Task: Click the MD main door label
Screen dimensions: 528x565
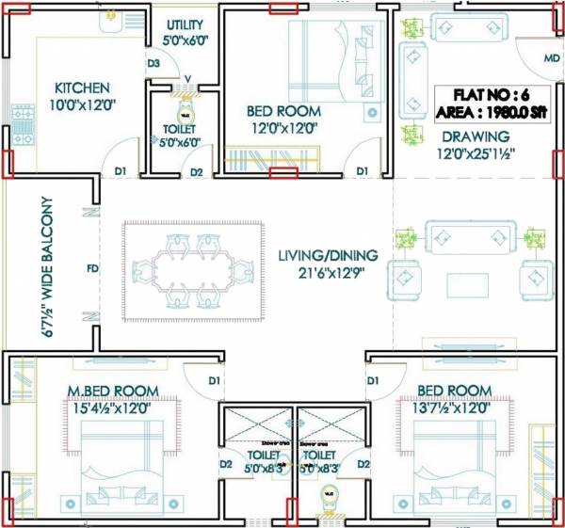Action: coord(551,58)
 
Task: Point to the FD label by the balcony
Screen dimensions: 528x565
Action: coord(92,269)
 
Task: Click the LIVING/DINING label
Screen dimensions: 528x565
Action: coord(328,255)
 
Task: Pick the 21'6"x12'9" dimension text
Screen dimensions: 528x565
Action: coord(328,274)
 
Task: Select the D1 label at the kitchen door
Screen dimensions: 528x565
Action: coord(121,171)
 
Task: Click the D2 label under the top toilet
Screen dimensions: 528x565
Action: coord(196,172)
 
